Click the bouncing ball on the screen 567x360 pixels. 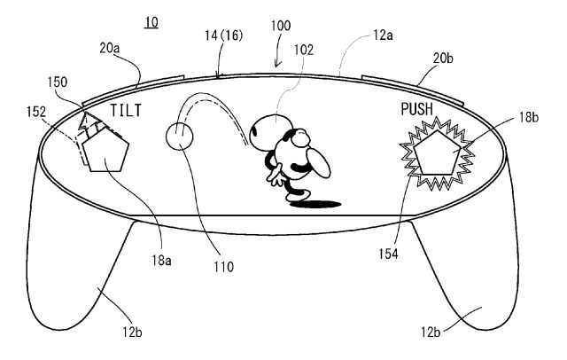click(x=180, y=137)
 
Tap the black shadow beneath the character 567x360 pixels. click(x=315, y=204)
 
